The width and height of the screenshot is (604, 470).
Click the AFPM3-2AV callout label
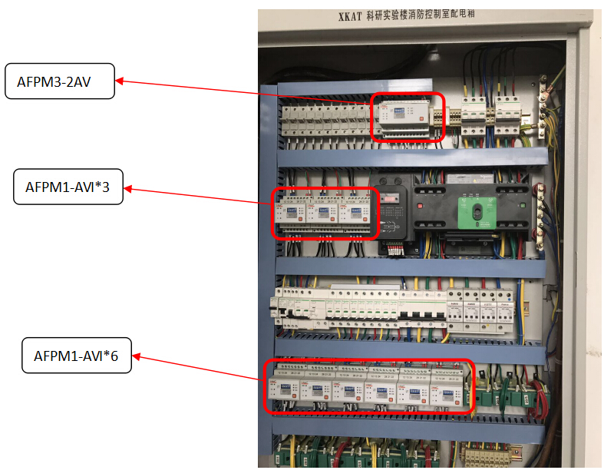[x=59, y=81]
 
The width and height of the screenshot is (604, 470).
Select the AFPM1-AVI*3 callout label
[x=68, y=188]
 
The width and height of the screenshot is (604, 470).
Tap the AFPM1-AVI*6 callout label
[x=76, y=356]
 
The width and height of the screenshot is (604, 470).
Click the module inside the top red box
[x=406, y=118]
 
